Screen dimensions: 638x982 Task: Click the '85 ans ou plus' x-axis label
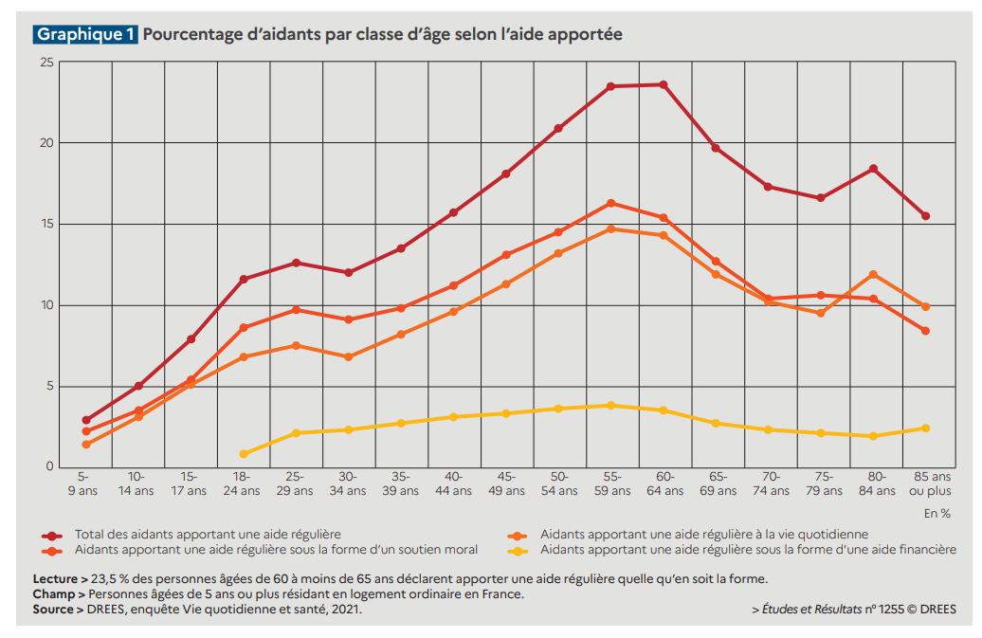(x=925, y=483)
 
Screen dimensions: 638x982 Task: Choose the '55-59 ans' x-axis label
(x=610, y=483)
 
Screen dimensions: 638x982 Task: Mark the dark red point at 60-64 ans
(x=664, y=84)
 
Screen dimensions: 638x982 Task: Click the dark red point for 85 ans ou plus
(x=925, y=216)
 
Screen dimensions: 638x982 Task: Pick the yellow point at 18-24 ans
(x=244, y=454)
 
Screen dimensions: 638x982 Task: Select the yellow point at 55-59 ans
(x=610, y=406)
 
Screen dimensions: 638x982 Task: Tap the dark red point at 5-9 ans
(x=86, y=420)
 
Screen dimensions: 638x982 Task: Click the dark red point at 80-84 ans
(x=873, y=169)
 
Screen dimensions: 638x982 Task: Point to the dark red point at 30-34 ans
(x=349, y=272)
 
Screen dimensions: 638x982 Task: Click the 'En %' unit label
(x=938, y=513)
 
